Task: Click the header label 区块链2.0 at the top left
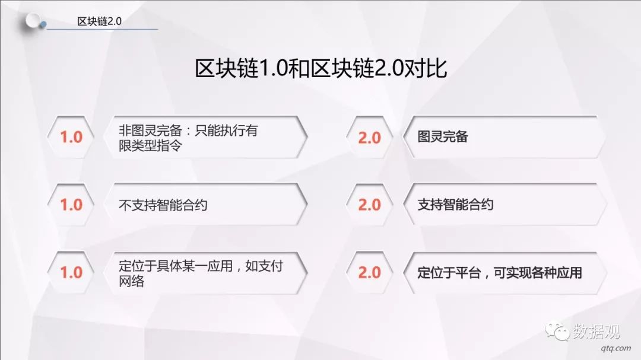click(99, 21)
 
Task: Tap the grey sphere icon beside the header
click(33, 21)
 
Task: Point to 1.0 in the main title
click(274, 68)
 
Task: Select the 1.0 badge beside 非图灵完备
click(71, 138)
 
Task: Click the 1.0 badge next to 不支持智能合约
click(71, 205)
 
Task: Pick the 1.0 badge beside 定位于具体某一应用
click(71, 273)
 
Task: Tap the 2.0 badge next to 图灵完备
click(370, 138)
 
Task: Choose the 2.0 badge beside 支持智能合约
click(370, 205)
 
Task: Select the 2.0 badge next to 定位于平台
click(370, 273)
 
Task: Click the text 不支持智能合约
click(163, 205)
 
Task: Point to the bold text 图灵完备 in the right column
click(443, 136)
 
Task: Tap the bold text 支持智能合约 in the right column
click(455, 204)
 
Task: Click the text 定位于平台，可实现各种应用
click(500, 273)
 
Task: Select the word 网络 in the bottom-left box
click(132, 281)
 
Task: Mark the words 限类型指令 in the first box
click(150, 145)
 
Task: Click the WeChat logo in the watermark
click(557, 330)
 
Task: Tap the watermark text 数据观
click(596, 331)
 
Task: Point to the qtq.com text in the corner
click(616, 349)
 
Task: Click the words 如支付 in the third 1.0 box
click(264, 266)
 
